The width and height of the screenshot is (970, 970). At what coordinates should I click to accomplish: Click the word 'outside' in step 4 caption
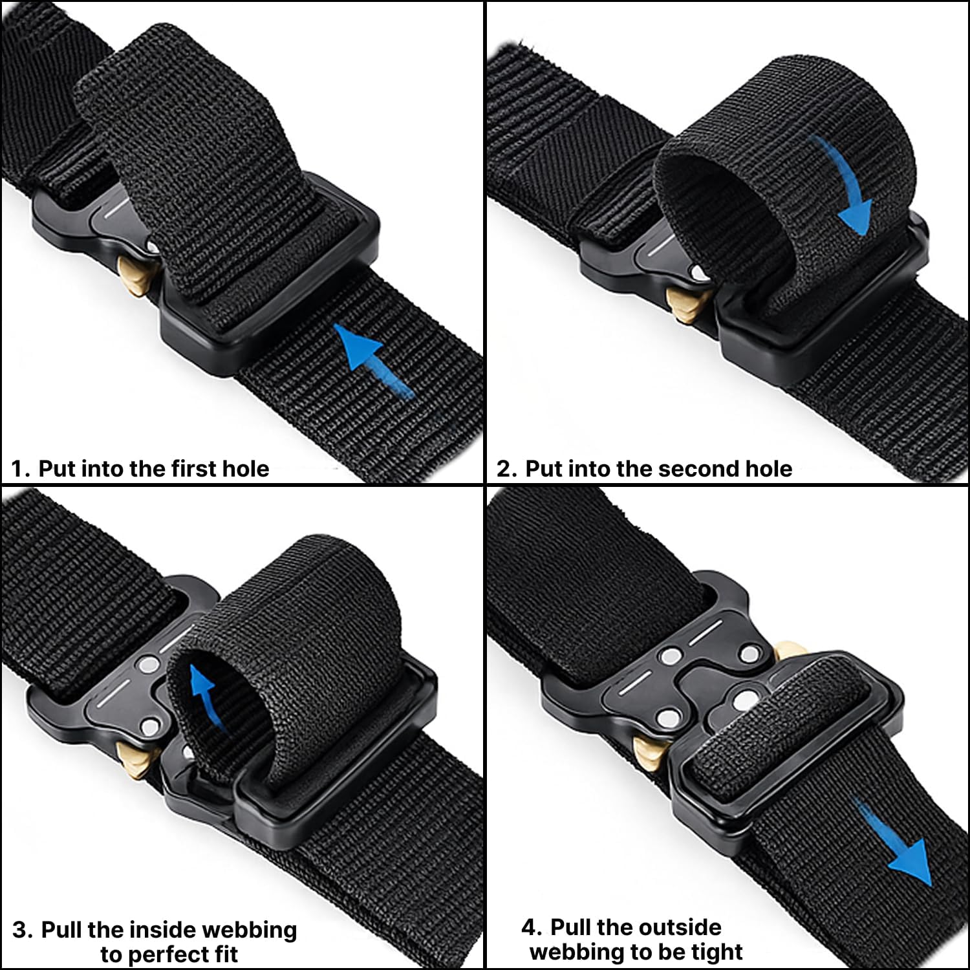(x=680, y=927)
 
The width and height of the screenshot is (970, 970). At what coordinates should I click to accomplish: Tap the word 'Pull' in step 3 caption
(x=62, y=930)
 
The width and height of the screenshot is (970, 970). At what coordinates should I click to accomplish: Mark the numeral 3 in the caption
(x=21, y=931)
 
